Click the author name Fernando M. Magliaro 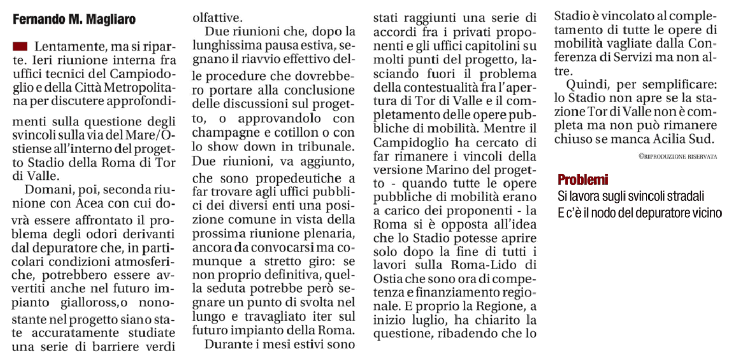coord(74,20)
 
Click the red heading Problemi coord(583,179)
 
